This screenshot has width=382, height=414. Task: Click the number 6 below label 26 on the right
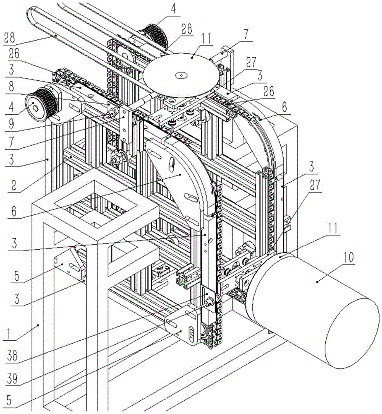click(x=284, y=106)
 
